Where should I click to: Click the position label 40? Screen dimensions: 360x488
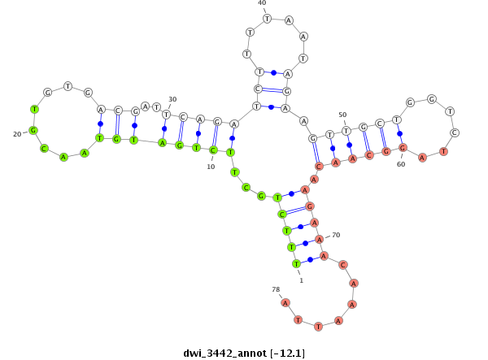(x=262, y=3)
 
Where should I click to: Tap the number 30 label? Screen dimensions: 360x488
(x=172, y=99)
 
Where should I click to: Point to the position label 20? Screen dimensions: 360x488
(x=17, y=134)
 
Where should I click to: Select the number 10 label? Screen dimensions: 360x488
(x=211, y=167)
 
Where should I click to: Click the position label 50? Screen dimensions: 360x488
(x=342, y=115)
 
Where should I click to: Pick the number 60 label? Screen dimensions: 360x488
(x=401, y=163)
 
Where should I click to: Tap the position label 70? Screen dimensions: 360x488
(x=336, y=235)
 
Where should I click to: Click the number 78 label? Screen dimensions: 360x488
(x=276, y=288)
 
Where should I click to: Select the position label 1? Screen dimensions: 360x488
(x=301, y=280)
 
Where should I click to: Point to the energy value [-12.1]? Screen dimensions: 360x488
(x=289, y=353)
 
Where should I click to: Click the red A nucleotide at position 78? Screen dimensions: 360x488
(x=285, y=302)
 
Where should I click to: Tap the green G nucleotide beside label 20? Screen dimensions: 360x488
(x=33, y=130)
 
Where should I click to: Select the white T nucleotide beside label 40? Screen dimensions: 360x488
(x=267, y=18)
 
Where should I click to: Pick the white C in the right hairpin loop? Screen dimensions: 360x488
(x=455, y=132)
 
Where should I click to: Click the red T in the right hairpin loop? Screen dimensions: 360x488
(x=443, y=151)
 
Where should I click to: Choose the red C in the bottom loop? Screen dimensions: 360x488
(x=343, y=265)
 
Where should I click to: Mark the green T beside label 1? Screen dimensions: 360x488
(x=296, y=264)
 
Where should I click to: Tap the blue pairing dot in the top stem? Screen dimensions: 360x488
(x=274, y=72)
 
